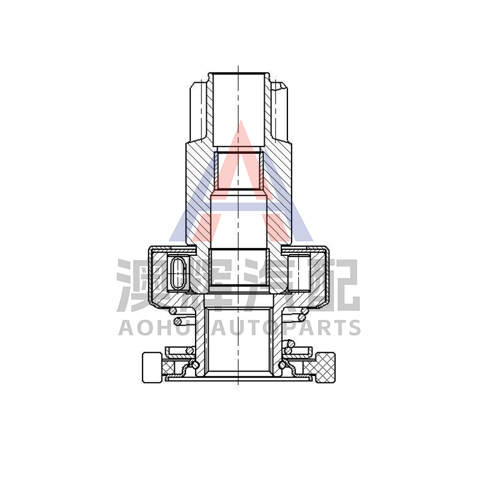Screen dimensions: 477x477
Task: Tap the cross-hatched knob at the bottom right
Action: pos(326,367)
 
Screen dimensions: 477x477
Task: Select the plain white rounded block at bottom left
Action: pos(152,367)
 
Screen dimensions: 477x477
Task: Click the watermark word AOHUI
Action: pos(160,327)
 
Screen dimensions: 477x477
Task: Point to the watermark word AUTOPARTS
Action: pos(286,327)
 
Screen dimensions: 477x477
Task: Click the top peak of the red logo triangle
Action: pos(241,120)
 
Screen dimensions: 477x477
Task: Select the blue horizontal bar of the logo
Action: pos(240,207)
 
